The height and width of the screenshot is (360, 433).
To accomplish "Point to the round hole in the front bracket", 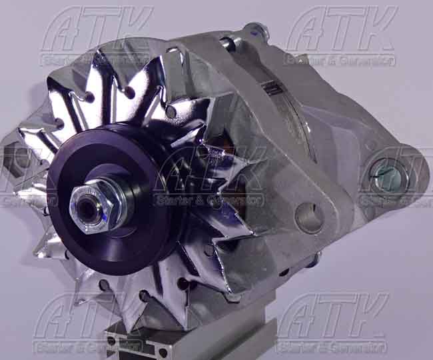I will [x=308, y=217].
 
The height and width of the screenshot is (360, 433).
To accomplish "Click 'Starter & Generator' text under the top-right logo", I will [x=340, y=61].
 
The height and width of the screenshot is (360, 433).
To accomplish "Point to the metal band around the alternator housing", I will [x=293, y=113].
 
